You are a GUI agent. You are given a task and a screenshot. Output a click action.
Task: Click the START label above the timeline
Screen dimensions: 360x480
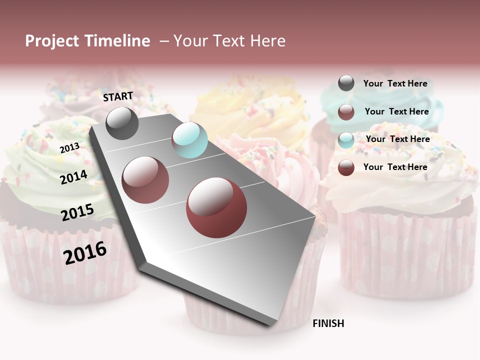[x=118, y=96]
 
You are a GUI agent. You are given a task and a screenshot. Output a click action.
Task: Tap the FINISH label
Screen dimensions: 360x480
[x=328, y=323]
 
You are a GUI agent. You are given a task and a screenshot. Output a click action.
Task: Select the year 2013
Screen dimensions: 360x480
[x=69, y=147]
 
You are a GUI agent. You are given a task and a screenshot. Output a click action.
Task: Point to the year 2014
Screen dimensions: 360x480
[x=73, y=177]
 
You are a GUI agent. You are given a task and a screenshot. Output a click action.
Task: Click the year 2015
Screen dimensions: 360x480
[x=77, y=212]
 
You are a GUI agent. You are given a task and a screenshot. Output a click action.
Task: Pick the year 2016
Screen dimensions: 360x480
[x=85, y=252]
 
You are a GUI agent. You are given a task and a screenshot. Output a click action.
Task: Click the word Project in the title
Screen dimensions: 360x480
[x=52, y=41]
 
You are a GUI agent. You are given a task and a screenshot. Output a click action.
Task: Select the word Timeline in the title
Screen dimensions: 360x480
[x=116, y=41]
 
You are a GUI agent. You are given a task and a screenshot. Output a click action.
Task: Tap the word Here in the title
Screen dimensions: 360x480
[x=267, y=41]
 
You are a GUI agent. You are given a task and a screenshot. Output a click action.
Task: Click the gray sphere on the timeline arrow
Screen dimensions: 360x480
[x=122, y=123]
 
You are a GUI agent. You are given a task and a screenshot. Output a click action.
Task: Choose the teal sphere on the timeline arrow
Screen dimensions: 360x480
[x=189, y=140]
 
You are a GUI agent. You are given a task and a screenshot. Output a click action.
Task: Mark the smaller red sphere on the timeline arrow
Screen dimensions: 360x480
[x=145, y=179]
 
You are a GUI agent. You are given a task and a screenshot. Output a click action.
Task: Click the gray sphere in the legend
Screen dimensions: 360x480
[x=346, y=83]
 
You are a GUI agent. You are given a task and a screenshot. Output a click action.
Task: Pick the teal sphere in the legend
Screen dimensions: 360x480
[x=346, y=139]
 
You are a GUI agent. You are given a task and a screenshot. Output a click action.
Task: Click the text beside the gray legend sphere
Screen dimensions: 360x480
[x=395, y=83]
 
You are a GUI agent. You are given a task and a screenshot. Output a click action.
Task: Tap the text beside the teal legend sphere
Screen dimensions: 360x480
[x=397, y=139]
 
